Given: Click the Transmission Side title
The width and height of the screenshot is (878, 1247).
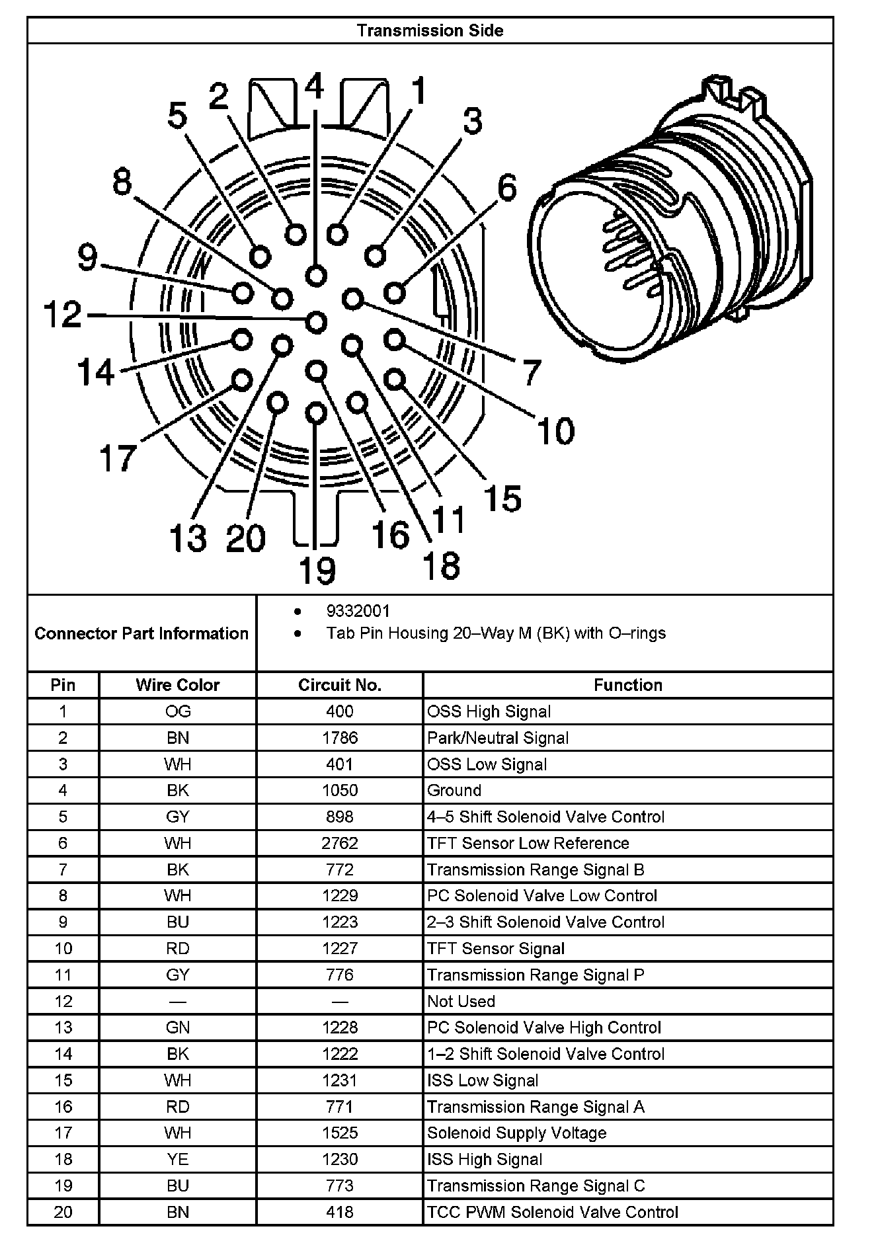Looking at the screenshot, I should point(430,30).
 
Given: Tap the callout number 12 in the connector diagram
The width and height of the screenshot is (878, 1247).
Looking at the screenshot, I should point(63,314).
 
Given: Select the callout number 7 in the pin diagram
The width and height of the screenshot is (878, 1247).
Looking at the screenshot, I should point(532,372).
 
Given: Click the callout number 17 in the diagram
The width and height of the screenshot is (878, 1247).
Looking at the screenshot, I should point(118,458).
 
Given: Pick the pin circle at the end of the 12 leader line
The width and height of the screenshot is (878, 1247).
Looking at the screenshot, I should point(317,323).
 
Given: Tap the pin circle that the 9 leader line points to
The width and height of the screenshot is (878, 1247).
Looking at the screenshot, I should point(243,292).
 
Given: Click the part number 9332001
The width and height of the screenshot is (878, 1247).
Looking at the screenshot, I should point(358,611).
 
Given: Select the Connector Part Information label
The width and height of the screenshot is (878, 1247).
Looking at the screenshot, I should point(141,633).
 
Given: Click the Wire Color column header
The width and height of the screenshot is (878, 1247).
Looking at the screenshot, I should point(177,685).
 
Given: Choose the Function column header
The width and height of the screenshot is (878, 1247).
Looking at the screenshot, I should point(627,685).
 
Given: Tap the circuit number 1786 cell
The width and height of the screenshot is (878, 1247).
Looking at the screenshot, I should point(340,738).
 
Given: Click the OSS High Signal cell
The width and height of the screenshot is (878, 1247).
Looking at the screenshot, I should point(489,711).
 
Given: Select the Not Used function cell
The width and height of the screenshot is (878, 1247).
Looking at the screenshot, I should point(461,1001).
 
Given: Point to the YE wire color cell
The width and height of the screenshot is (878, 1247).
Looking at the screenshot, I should point(177,1159).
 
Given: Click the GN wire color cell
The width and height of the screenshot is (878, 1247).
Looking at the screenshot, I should point(177,1027).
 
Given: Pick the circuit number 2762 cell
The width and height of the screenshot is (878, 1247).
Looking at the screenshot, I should point(340,843).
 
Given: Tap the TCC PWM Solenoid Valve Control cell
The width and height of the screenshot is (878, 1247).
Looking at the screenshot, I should point(553,1212).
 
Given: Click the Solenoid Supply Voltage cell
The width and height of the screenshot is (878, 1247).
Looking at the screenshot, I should point(516,1133).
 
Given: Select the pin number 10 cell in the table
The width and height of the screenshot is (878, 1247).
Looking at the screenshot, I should point(63,948).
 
